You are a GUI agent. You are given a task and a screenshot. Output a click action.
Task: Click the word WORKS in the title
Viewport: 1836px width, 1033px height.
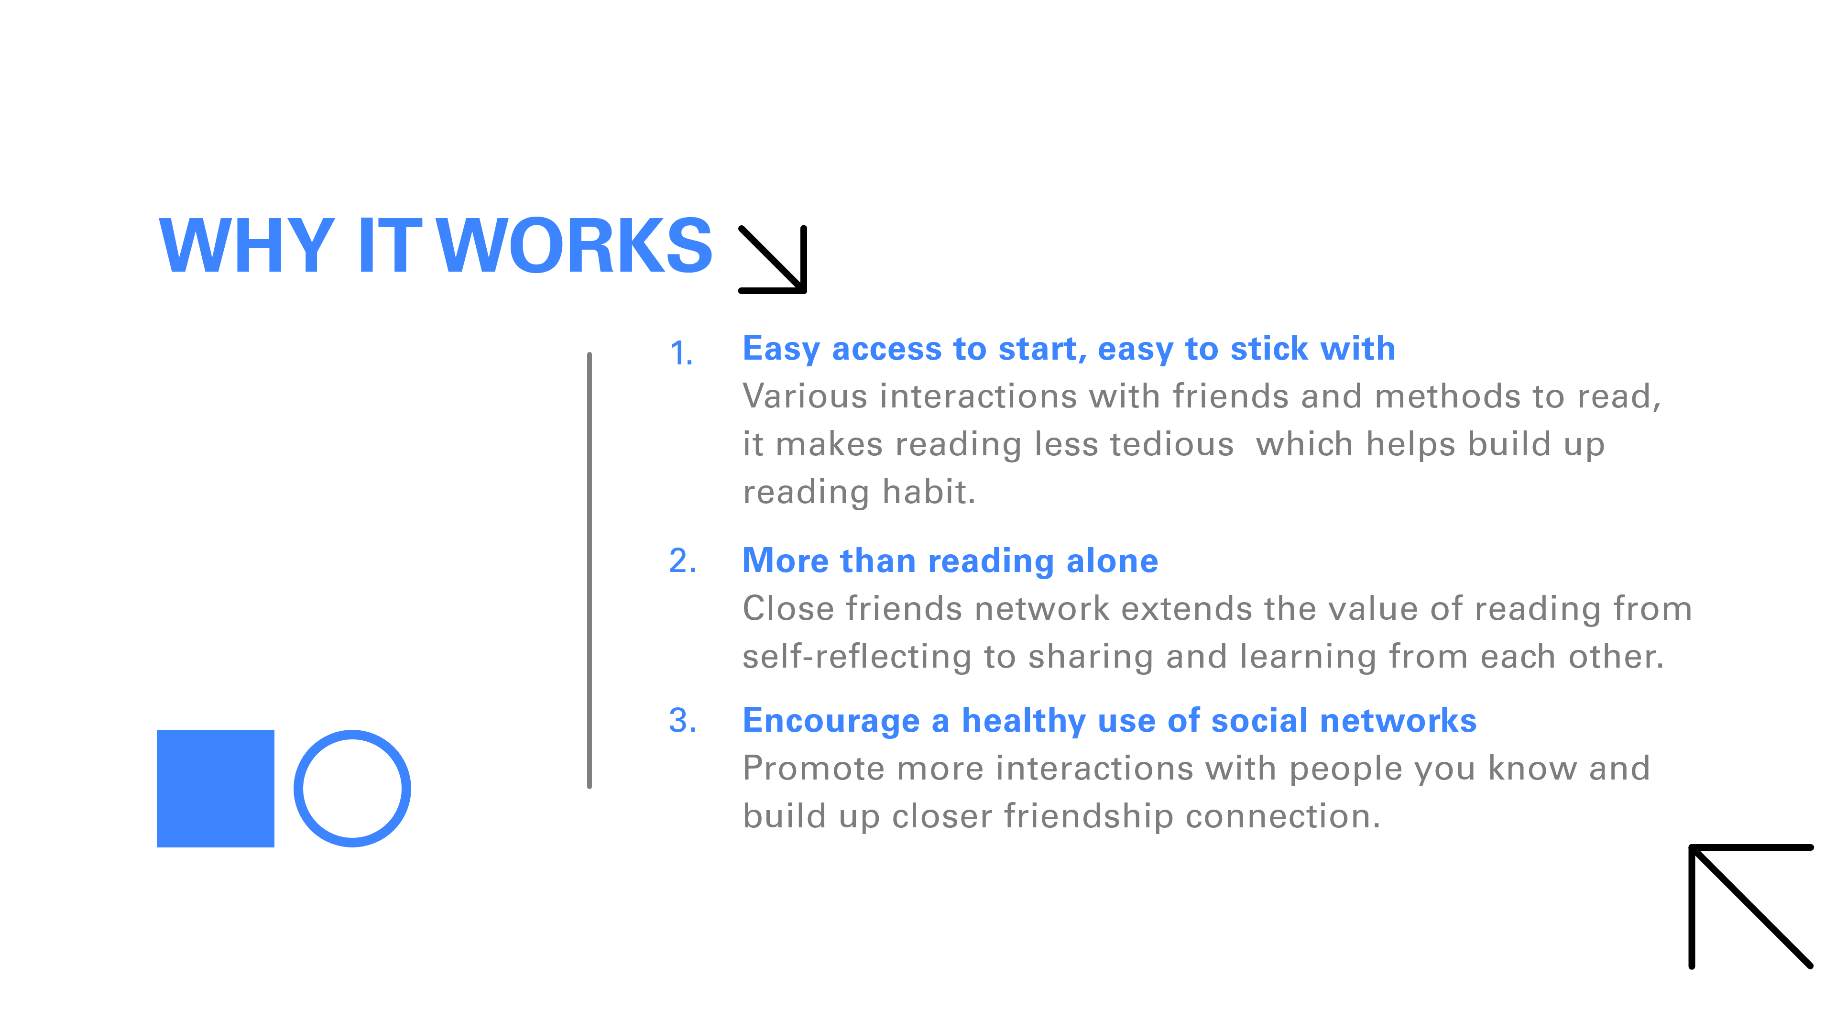point(574,245)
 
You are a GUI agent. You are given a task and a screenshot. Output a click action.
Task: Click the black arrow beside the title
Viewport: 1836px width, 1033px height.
point(773,260)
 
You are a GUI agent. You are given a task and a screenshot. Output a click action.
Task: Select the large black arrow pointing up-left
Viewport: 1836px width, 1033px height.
point(1750,906)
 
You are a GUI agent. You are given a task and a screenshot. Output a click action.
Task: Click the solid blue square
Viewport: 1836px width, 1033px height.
point(215,789)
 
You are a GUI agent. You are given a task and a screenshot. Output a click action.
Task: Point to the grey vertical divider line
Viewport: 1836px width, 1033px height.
point(590,571)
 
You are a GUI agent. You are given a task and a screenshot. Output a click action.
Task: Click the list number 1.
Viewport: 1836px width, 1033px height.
point(681,353)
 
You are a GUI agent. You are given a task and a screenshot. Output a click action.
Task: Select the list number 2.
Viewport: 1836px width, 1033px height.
point(683,560)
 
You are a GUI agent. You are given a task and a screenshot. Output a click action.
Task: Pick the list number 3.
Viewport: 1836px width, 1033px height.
point(683,720)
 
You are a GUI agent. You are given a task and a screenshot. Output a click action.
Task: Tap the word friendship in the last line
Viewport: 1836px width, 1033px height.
point(1088,817)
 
